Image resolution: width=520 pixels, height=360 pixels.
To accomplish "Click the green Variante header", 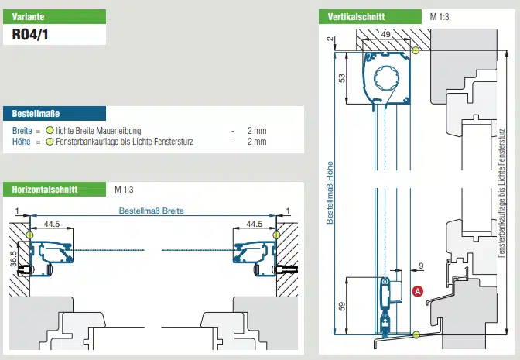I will click(53, 15).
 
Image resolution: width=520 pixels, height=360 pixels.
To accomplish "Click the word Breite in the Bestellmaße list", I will click(22, 131).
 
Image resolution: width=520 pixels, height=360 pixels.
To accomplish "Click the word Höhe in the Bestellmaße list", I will click(21, 142).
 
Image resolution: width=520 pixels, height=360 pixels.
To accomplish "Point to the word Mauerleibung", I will click(116, 131).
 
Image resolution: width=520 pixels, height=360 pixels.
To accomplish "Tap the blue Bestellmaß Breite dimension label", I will click(151, 211).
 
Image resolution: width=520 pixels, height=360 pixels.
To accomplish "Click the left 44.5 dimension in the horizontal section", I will click(53, 224).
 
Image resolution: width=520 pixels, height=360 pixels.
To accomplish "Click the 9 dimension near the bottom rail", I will click(419, 267).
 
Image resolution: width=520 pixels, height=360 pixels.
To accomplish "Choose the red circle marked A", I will click(418, 291).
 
